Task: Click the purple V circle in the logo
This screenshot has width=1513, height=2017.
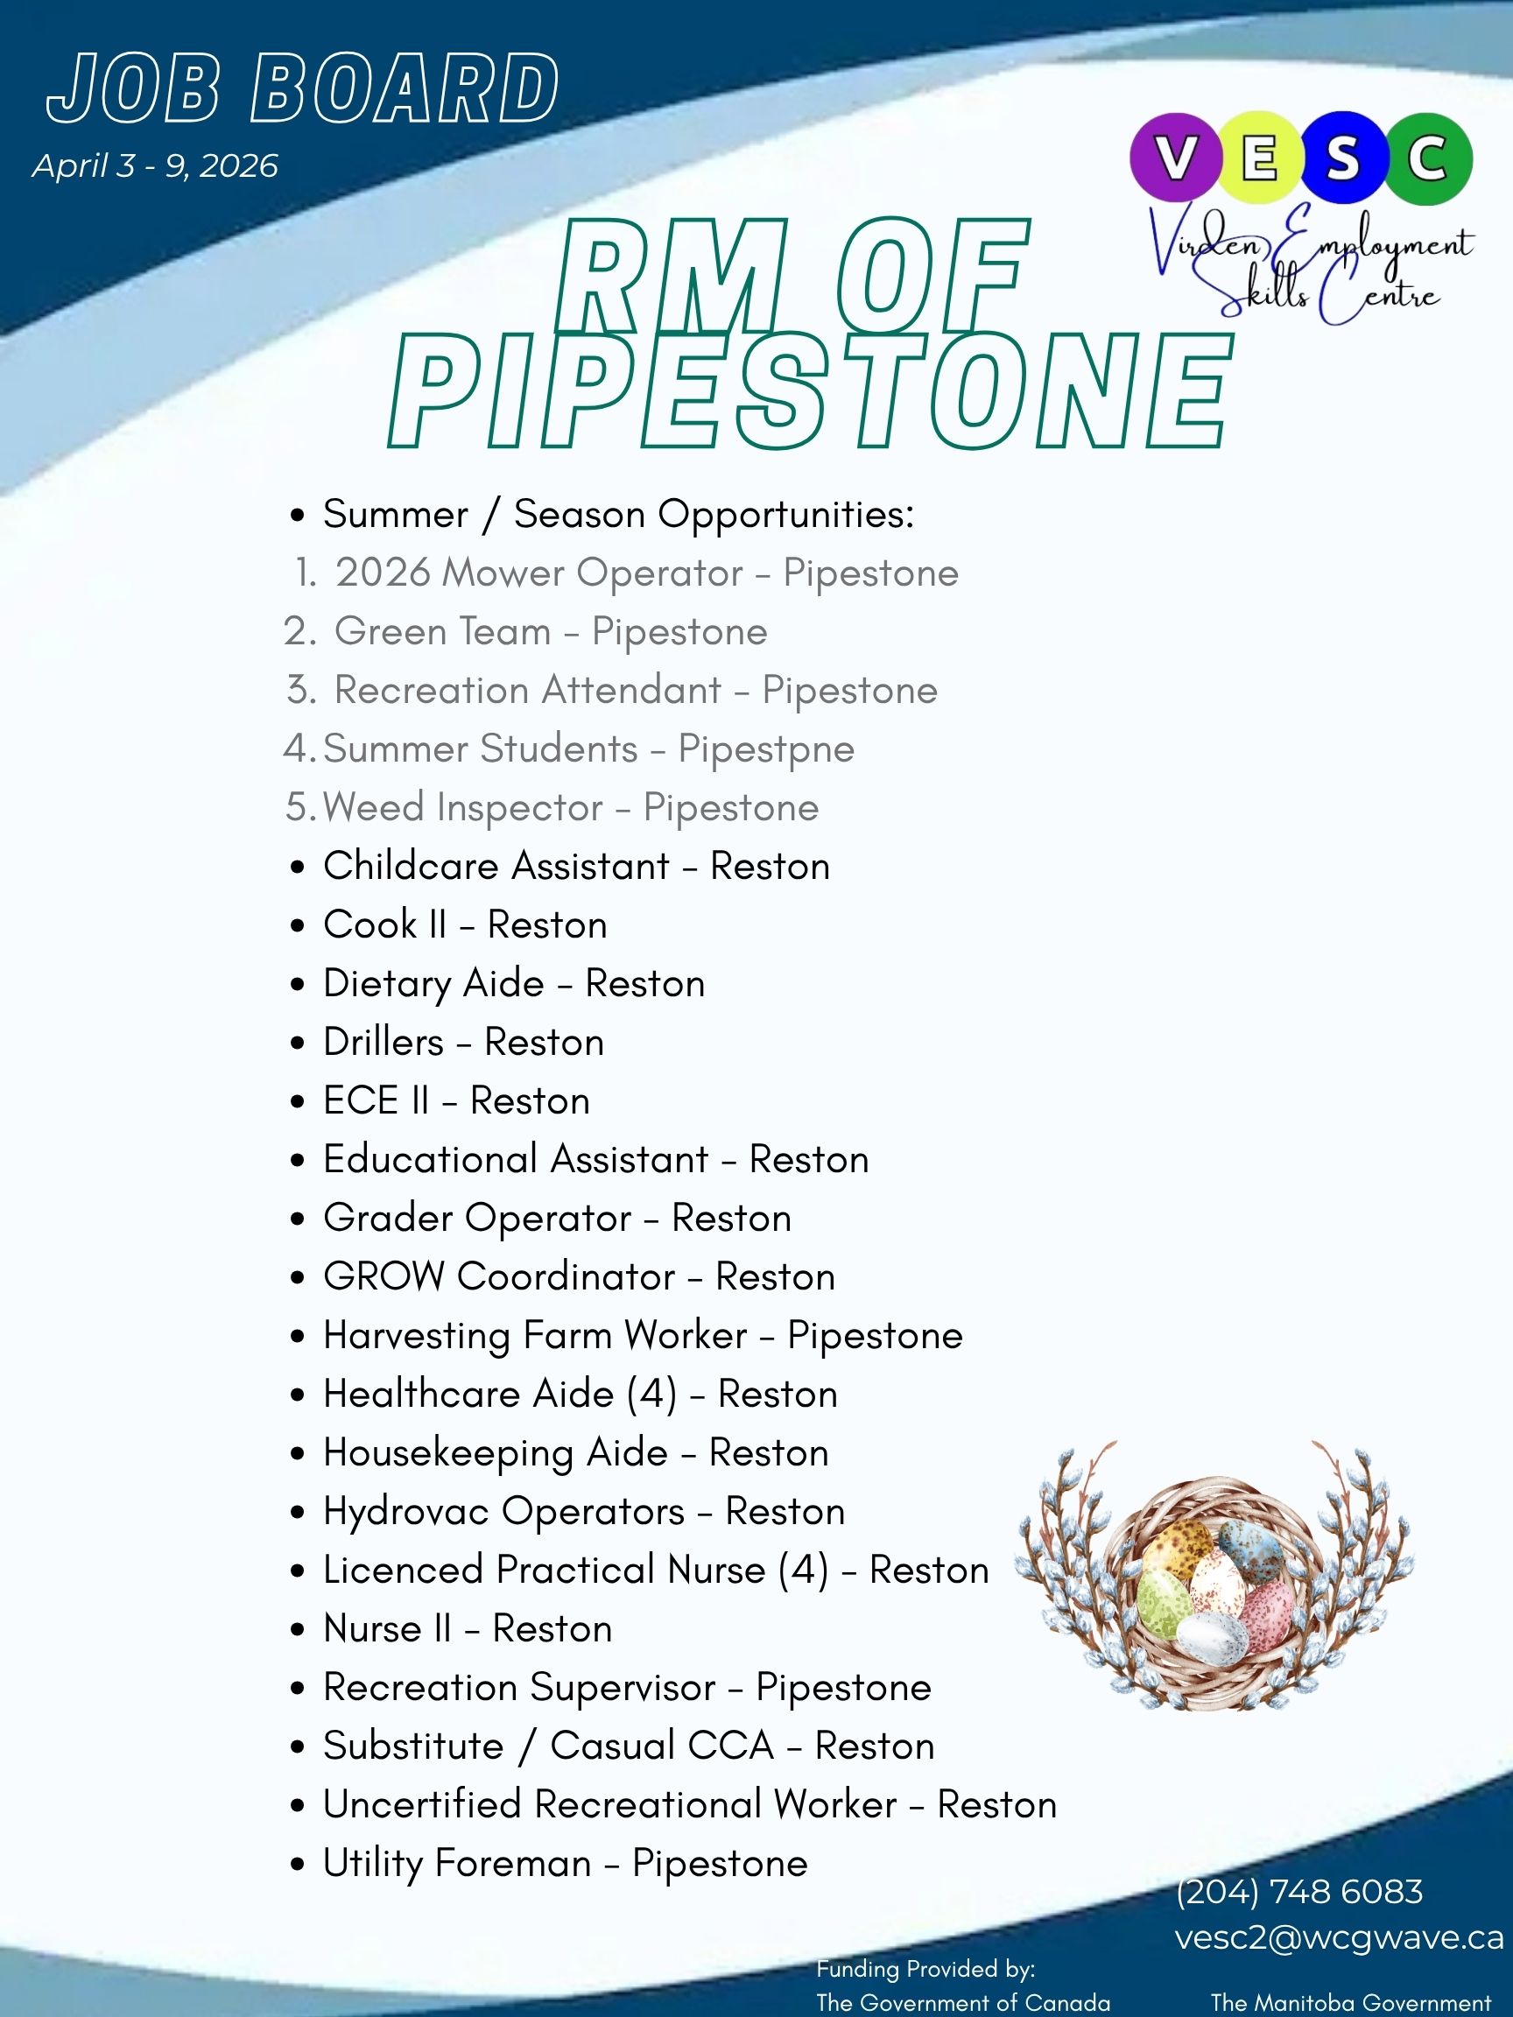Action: (x=1175, y=158)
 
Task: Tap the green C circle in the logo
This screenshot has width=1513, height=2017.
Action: (x=1428, y=158)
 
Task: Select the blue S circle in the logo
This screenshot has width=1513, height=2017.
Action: (x=1343, y=158)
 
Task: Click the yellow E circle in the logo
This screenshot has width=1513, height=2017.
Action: (x=1259, y=158)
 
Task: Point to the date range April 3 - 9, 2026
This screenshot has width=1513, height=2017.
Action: (x=155, y=166)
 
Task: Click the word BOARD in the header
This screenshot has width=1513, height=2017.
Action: (x=404, y=88)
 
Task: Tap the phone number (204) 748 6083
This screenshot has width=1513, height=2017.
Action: (x=1298, y=1891)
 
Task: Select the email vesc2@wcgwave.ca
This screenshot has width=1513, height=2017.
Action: (x=1338, y=1936)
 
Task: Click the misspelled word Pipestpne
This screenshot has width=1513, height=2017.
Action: (x=766, y=749)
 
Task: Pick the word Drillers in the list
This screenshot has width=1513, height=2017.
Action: (x=383, y=1043)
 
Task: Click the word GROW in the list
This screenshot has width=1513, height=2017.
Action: (x=383, y=1276)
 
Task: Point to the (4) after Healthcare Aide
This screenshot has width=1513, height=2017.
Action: (x=652, y=1395)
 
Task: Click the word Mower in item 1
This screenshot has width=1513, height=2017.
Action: (x=502, y=573)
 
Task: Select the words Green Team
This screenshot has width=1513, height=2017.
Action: (x=442, y=632)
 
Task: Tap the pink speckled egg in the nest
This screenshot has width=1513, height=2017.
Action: (x=1268, y=1613)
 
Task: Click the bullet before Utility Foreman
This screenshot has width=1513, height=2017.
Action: (x=298, y=1865)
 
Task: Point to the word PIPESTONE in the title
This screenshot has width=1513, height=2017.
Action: (x=810, y=391)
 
